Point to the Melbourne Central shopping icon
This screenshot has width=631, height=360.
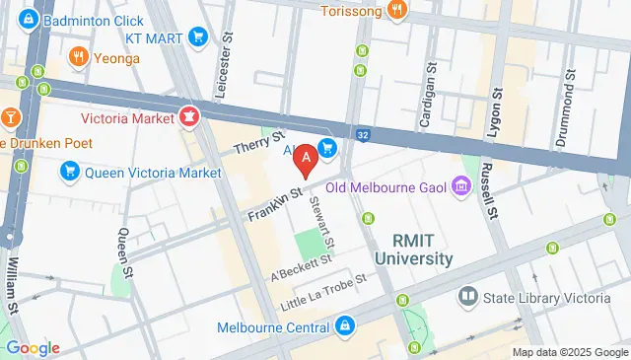(344, 325)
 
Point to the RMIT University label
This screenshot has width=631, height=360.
(413, 249)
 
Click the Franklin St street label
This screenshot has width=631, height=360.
(273, 200)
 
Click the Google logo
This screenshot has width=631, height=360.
(33, 347)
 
